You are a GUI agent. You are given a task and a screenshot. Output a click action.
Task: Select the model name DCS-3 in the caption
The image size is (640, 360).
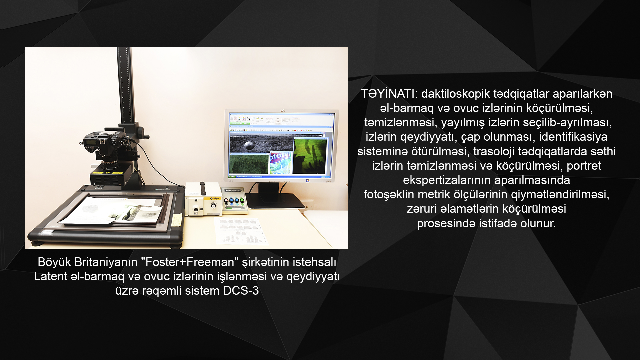pyautogui.click(x=241, y=291)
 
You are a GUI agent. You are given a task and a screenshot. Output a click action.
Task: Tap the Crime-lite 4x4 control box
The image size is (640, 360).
pyautogui.click(x=235, y=200)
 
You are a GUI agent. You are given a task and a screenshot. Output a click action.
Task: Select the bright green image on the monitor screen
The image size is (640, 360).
pyautogui.click(x=310, y=156)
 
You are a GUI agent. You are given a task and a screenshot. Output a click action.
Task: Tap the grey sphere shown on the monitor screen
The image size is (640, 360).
pyautogui.click(x=249, y=145)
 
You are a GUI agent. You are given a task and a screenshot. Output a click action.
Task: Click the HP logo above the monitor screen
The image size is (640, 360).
pyautogui.click(x=282, y=111)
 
